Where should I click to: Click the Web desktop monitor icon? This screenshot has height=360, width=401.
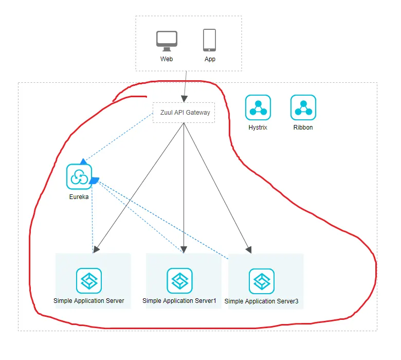pos(167,41)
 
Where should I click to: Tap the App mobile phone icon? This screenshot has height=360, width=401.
pos(209,40)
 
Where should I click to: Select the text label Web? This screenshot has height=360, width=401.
pos(167,59)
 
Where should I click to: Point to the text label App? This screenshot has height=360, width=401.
pos(210,59)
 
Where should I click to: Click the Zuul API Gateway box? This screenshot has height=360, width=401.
pos(184,113)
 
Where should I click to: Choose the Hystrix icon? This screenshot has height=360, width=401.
pos(258,107)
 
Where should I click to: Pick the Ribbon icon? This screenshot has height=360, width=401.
pos(303,107)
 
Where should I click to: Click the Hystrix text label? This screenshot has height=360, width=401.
pos(258,128)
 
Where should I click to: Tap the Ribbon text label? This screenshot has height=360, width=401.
pos(303,128)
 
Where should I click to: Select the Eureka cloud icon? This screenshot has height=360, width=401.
pos(79,176)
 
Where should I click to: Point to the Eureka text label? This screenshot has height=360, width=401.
pos(79,197)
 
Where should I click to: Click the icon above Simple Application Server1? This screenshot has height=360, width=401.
pos(179,281)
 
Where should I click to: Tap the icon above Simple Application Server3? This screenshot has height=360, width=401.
pos(262,281)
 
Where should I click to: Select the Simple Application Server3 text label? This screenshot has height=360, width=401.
pos(261,301)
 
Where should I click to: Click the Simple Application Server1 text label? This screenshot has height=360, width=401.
pos(179,301)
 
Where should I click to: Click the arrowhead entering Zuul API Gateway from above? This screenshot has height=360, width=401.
pos(185,99)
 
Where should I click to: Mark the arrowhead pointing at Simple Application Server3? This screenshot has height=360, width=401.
pos(249,250)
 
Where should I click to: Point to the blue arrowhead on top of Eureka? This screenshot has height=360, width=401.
pos(83,161)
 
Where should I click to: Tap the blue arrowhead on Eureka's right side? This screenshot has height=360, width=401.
pos(94,181)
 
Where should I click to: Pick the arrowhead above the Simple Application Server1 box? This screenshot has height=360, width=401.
pos(184,249)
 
